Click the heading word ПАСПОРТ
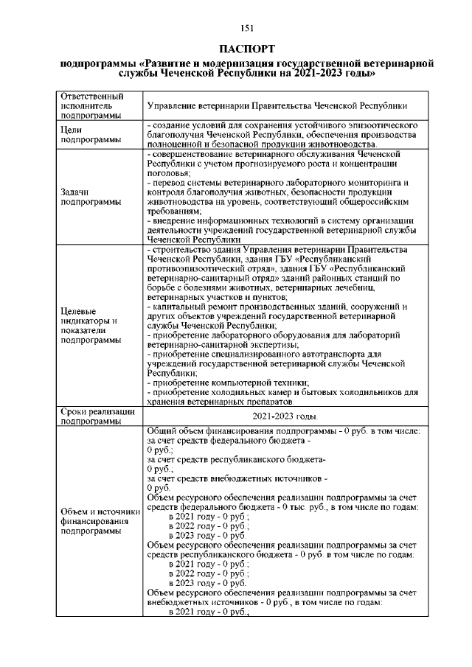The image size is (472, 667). click(247, 49)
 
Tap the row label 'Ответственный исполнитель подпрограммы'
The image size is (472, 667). click(91, 106)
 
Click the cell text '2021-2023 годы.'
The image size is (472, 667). click(284, 416)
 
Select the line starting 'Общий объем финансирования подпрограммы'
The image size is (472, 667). click(283, 430)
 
